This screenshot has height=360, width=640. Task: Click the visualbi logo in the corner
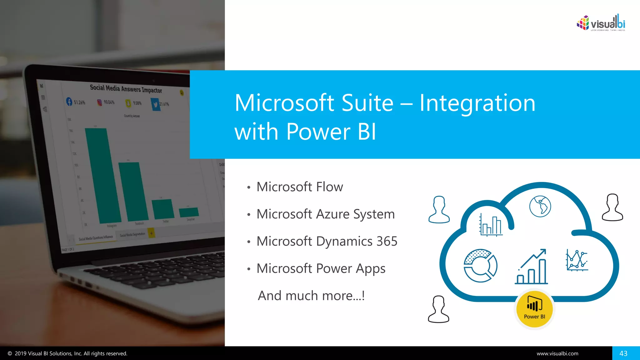pyautogui.click(x=601, y=23)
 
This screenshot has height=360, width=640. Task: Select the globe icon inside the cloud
pyautogui.click(x=540, y=206)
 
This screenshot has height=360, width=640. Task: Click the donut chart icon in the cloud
pyautogui.click(x=480, y=266)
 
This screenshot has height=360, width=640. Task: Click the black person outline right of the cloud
pyautogui.click(x=612, y=207)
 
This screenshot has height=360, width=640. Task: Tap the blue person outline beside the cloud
pyautogui.click(x=439, y=210)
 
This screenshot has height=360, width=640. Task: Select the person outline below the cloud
pyautogui.click(x=438, y=309)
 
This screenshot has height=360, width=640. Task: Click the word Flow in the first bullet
pyautogui.click(x=329, y=187)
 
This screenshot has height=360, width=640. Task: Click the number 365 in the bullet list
pyautogui.click(x=387, y=241)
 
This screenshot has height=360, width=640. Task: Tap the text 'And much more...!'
pyautogui.click(x=311, y=296)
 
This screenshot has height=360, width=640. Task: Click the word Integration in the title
pyautogui.click(x=477, y=103)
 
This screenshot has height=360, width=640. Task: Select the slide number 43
pyautogui.click(x=623, y=353)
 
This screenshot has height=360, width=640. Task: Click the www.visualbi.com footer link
pyautogui.click(x=557, y=353)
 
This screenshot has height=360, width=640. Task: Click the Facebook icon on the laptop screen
pyautogui.click(x=69, y=101)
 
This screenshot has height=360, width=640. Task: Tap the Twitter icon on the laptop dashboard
pyautogui.click(x=155, y=104)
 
